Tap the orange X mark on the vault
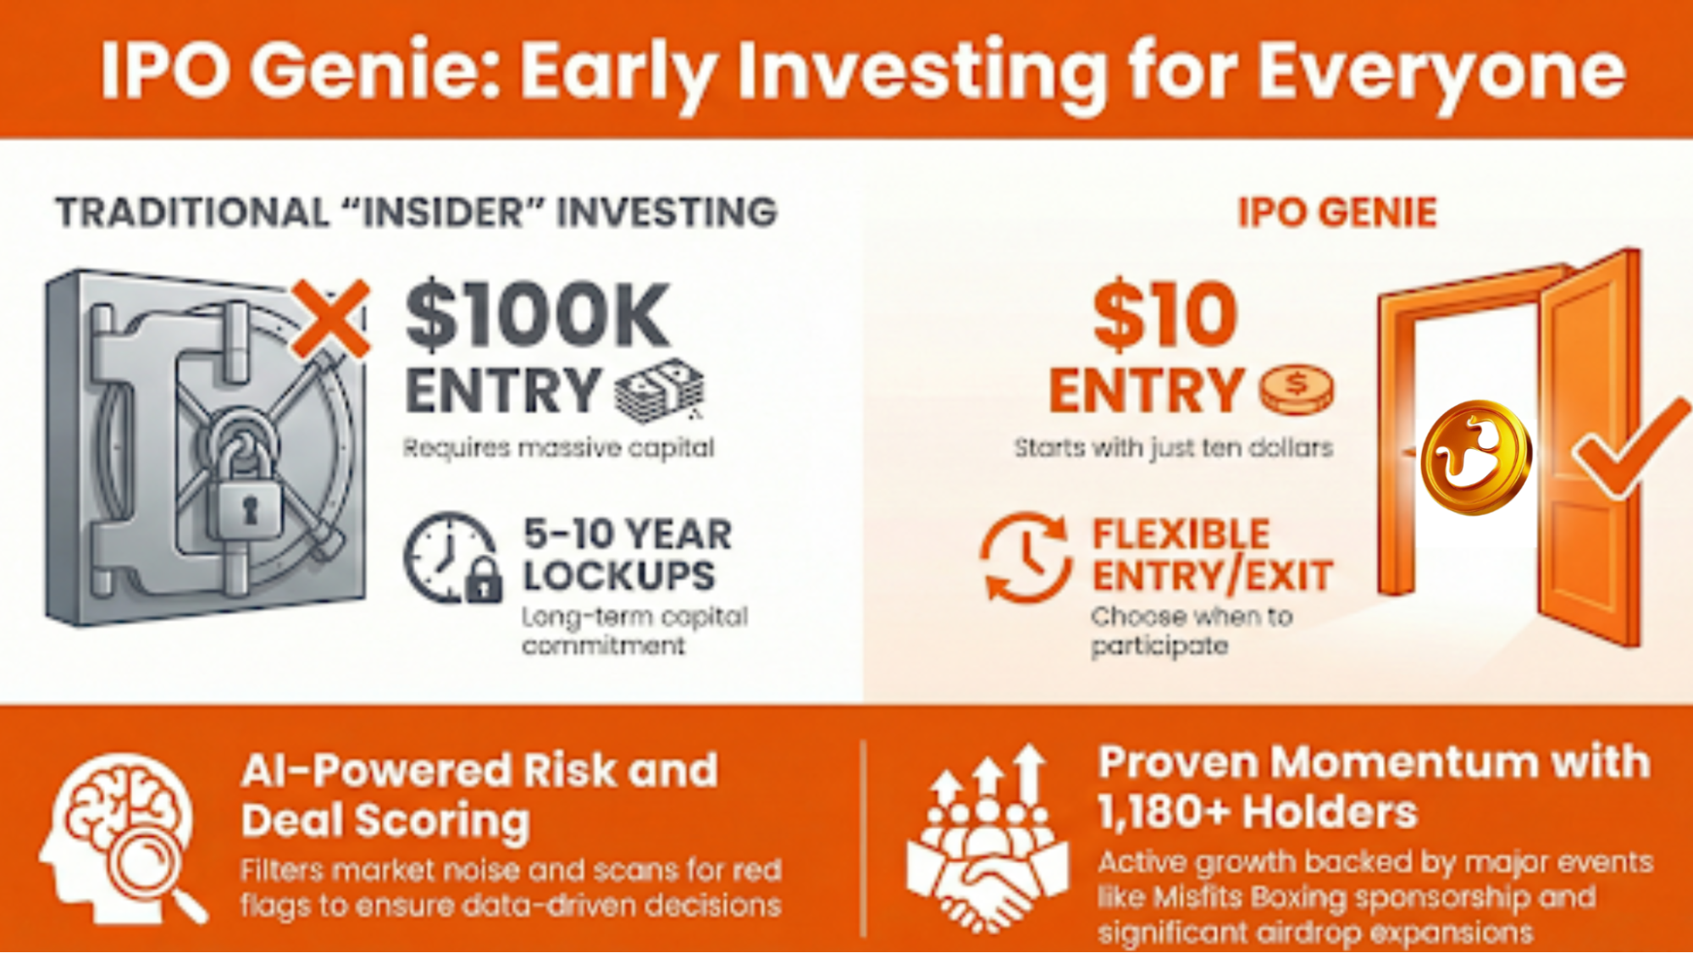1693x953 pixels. pos(330,318)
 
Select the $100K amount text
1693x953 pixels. pos(538,316)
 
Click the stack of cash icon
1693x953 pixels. pos(660,391)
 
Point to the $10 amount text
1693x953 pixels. pos(1165,315)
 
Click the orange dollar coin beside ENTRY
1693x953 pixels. pos(1296,390)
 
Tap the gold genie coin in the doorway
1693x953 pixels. pos(1474,457)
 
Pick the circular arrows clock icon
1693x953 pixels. pos(1026,557)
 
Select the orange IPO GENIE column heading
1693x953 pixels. pos(1337,212)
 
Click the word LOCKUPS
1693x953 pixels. pos(619,576)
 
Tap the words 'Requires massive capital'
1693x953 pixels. pos(558,447)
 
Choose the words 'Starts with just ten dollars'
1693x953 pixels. pos(1174,447)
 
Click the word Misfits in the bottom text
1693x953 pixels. pos(1198,897)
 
